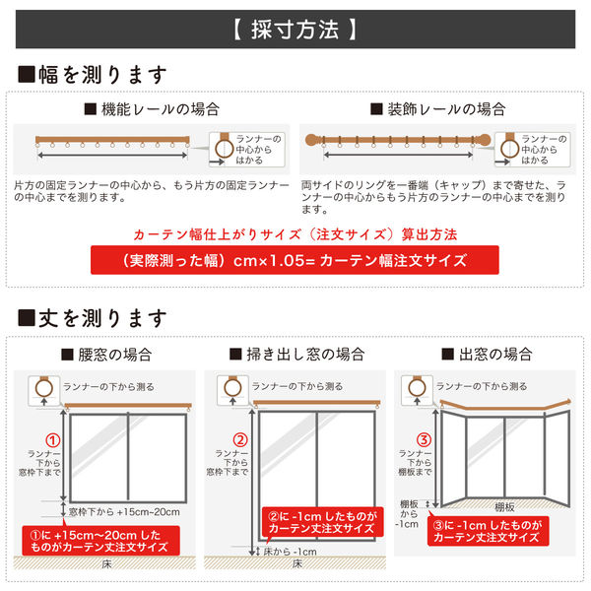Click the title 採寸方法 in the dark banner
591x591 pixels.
295,30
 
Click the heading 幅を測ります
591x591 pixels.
94,75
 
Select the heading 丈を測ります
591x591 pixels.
94,319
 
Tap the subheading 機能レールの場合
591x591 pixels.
152,109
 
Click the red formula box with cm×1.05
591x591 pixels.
295,261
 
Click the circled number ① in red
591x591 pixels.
54,440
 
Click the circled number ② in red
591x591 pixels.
239,440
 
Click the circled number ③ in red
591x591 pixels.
425,440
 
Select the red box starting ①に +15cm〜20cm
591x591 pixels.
101,540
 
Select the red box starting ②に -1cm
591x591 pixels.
319,521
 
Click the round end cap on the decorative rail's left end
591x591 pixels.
308,141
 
